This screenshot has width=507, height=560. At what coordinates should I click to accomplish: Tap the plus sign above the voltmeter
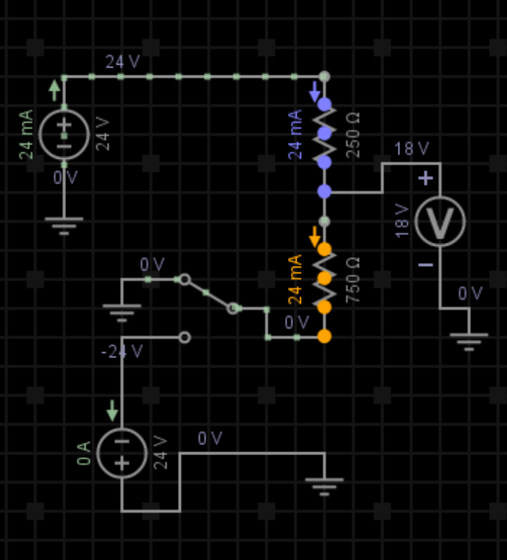click(x=427, y=178)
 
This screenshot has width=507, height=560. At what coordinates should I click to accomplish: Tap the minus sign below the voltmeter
click(x=426, y=265)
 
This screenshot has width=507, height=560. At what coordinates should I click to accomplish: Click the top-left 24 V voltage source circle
click(x=64, y=134)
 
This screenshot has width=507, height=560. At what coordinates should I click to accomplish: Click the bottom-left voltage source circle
click(x=121, y=452)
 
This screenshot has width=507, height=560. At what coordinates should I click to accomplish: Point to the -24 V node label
click(x=122, y=352)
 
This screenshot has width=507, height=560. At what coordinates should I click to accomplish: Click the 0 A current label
click(x=85, y=453)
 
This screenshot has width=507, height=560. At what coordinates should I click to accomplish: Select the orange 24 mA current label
click(x=296, y=280)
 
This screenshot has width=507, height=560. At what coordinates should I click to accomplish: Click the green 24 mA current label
click(x=27, y=134)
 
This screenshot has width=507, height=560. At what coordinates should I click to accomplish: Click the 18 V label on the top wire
click(x=411, y=150)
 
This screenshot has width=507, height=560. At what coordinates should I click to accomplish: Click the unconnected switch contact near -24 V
click(x=185, y=336)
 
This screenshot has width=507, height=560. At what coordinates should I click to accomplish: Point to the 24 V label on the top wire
click(x=123, y=62)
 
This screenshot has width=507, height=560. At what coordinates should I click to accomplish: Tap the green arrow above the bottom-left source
click(x=112, y=410)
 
